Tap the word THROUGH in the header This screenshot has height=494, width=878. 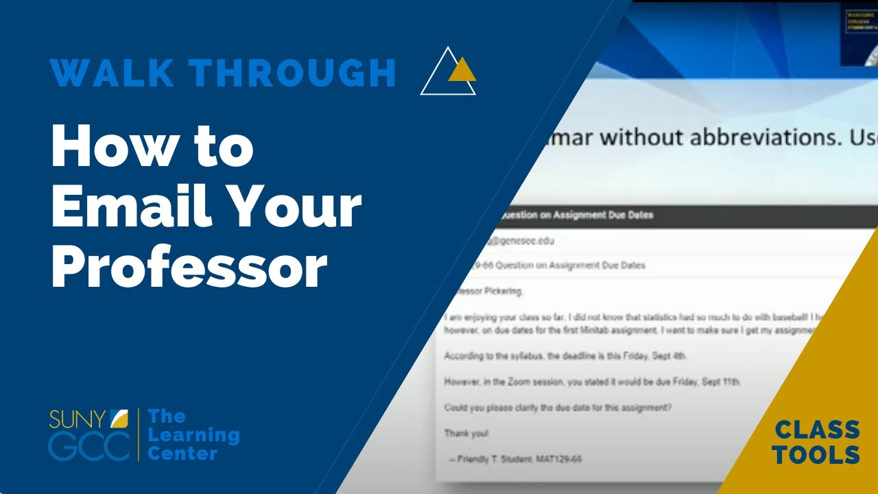(293, 73)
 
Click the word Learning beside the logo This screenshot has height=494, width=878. (193, 435)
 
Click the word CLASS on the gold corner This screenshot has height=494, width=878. (817, 430)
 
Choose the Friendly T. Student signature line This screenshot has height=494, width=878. (514, 458)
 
